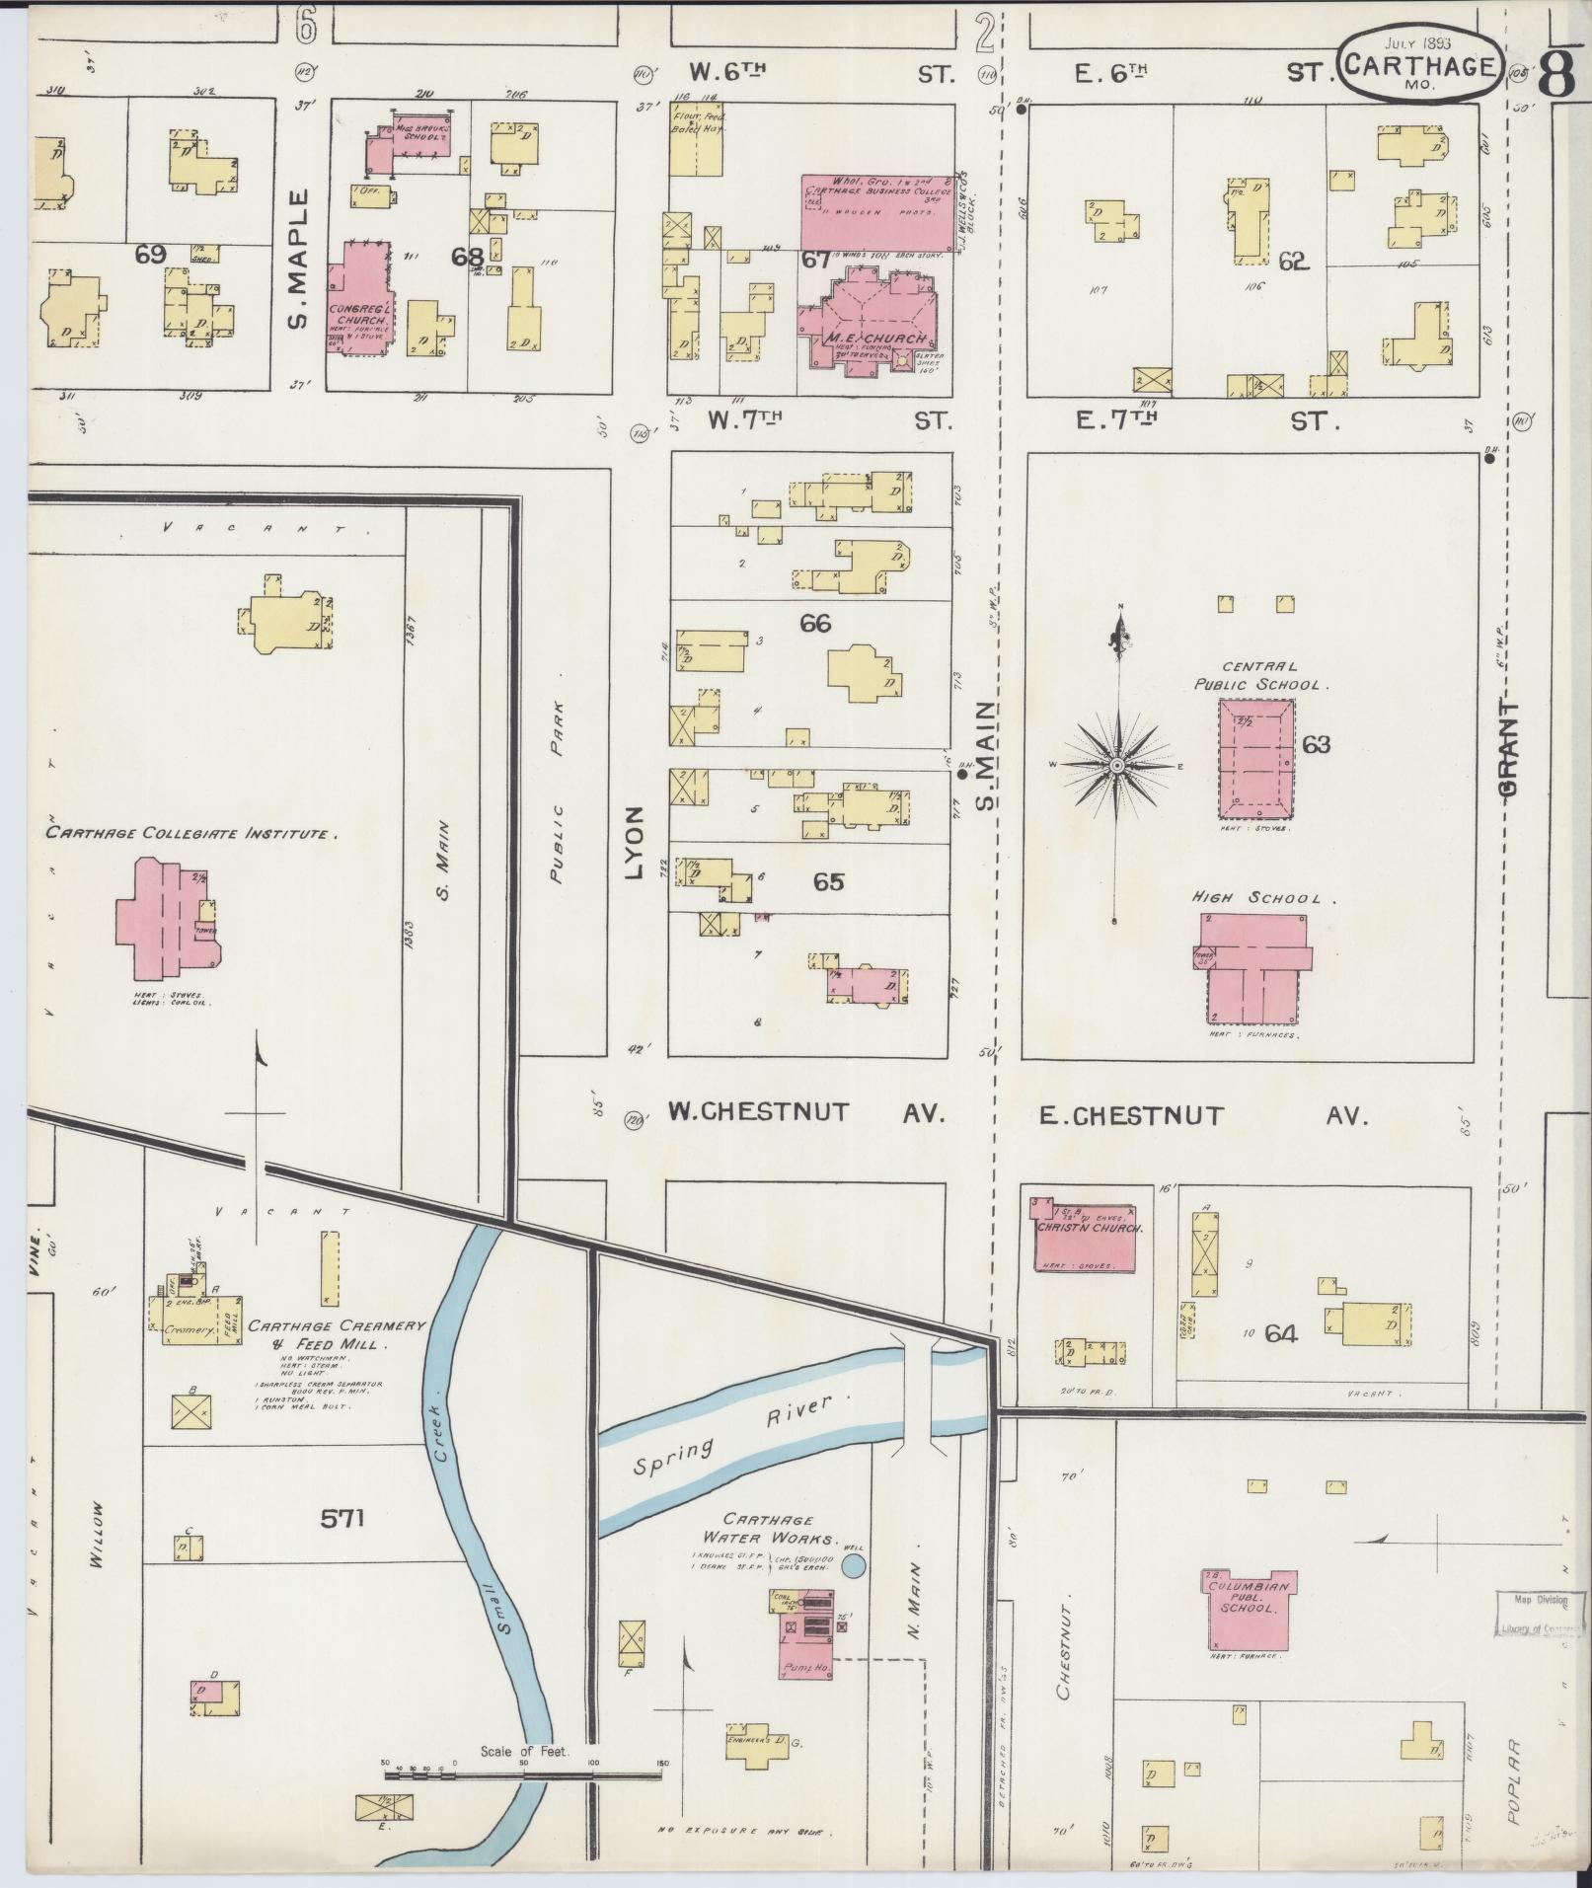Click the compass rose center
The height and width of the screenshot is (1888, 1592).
1117,766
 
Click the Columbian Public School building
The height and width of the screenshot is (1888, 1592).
1247,1608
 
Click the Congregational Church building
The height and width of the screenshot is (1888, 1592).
356,296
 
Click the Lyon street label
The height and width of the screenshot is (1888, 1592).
635,842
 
